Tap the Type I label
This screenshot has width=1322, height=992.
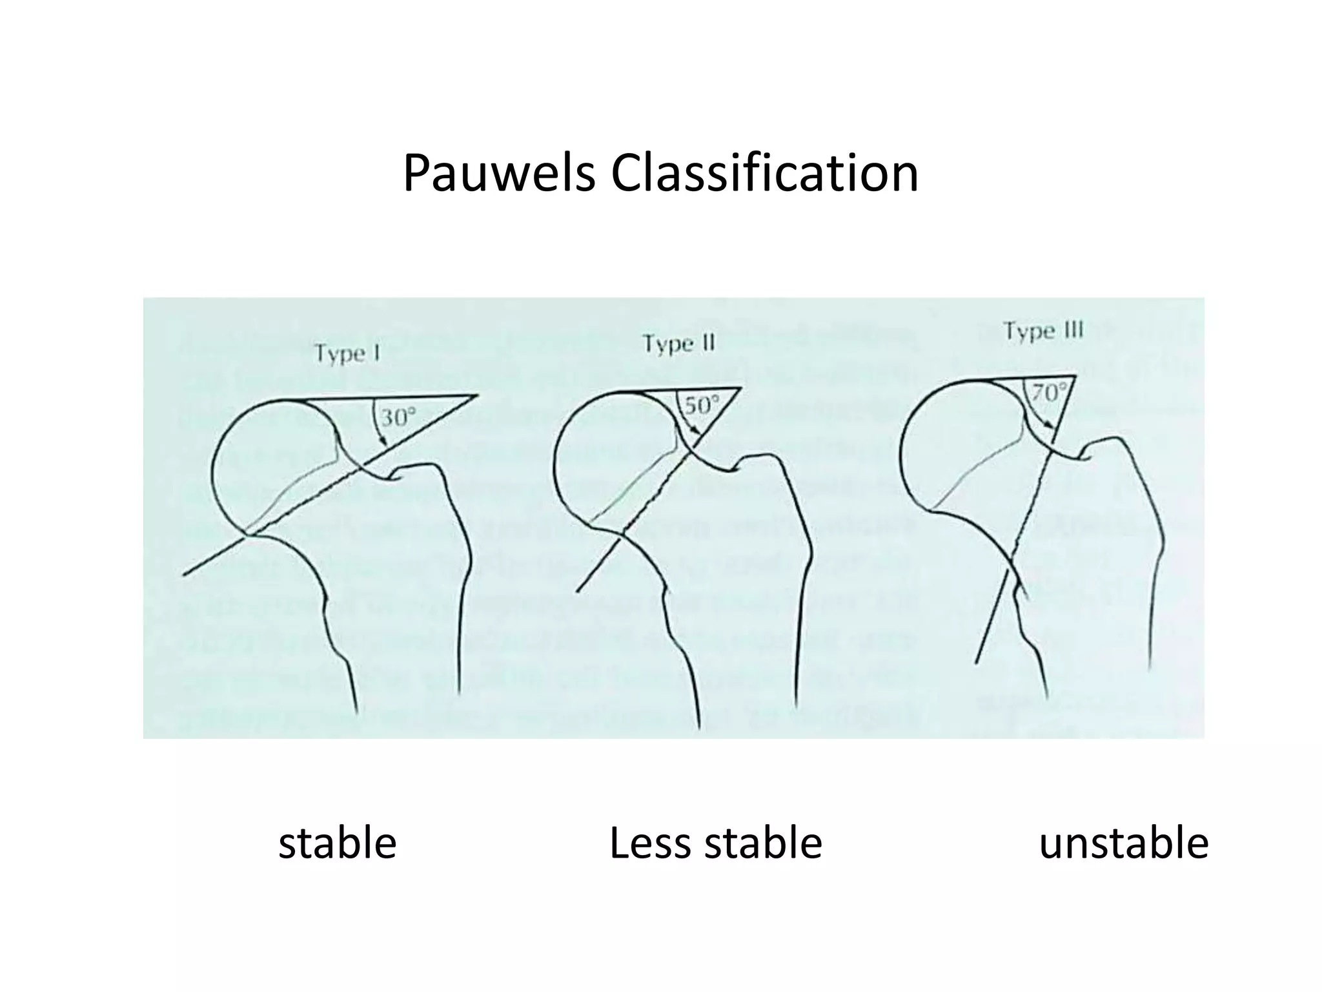[347, 354]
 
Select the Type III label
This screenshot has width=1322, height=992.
[1042, 331]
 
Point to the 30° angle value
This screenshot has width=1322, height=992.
[398, 417]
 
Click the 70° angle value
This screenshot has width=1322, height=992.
[1046, 393]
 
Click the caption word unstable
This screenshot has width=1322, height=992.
[1123, 843]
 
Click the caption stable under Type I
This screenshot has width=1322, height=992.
[337, 843]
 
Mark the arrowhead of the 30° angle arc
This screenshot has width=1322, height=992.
[385, 442]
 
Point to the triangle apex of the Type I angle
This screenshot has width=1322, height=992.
[476, 395]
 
